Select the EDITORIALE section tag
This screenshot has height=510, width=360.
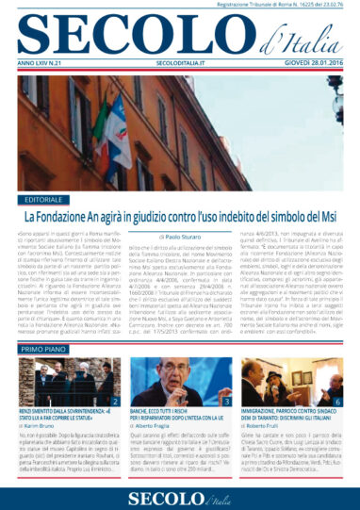click(x=44, y=200)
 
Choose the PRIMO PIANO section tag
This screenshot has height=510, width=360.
click(x=42, y=348)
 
